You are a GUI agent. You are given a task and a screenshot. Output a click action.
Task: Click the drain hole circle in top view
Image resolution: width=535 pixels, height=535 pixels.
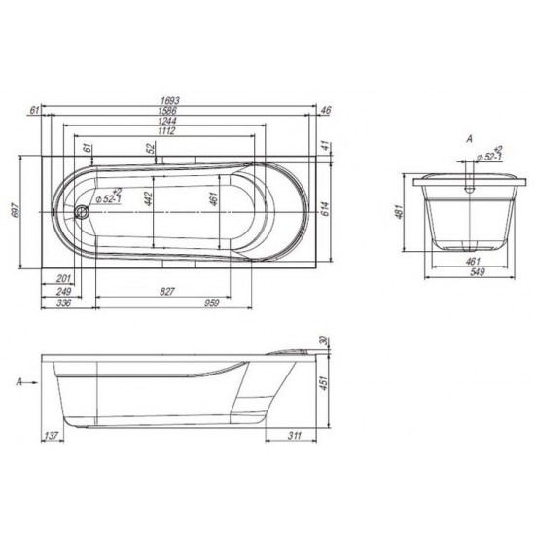click(82, 209)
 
